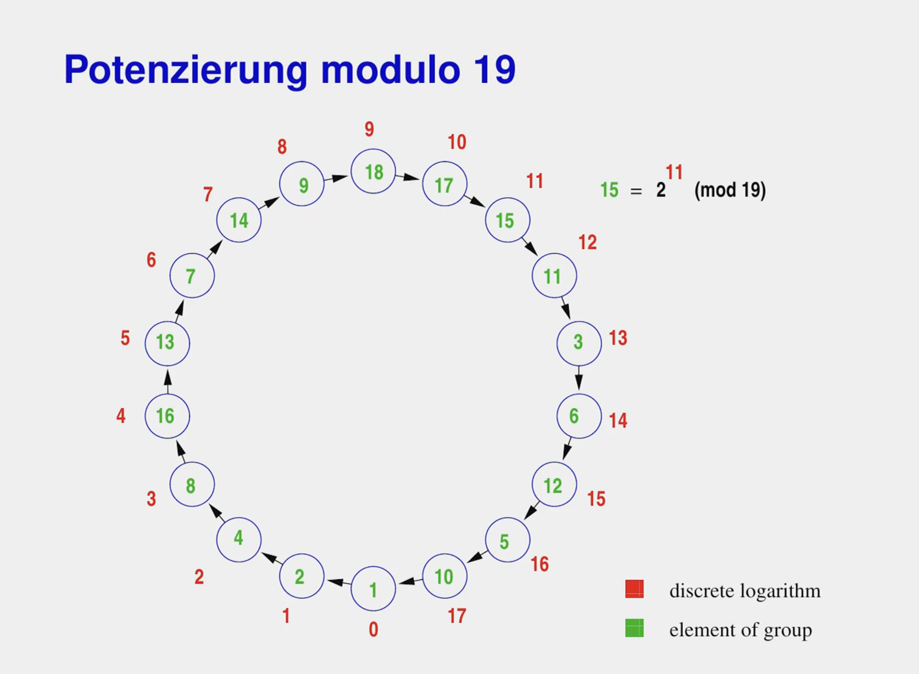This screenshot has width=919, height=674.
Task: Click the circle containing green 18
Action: click(x=373, y=171)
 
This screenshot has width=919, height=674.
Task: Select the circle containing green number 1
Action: click(x=373, y=589)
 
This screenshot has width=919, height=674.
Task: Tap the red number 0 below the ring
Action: click(x=373, y=629)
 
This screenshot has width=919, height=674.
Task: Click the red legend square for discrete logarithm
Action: click(x=634, y=589)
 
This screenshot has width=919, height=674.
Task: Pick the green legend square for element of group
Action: click(x=634, y=628)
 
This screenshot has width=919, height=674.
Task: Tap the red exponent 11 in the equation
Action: click(x=674, y=172)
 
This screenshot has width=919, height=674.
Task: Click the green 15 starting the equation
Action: click(x=610, y=190)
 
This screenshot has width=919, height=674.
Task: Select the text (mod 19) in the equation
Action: click(x=730, y=190)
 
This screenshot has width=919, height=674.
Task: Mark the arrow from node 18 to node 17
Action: click(x=408, y=177)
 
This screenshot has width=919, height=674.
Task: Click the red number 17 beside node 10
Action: click(x=457, y=616)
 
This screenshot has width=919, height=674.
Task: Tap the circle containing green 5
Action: click(x=508, y=540)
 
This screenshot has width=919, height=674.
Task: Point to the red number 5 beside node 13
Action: click(x=125, y=338)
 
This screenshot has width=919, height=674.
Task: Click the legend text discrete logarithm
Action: click(x=745, y=591)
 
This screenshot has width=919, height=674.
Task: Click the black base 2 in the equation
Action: click(x=661, y=190)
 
